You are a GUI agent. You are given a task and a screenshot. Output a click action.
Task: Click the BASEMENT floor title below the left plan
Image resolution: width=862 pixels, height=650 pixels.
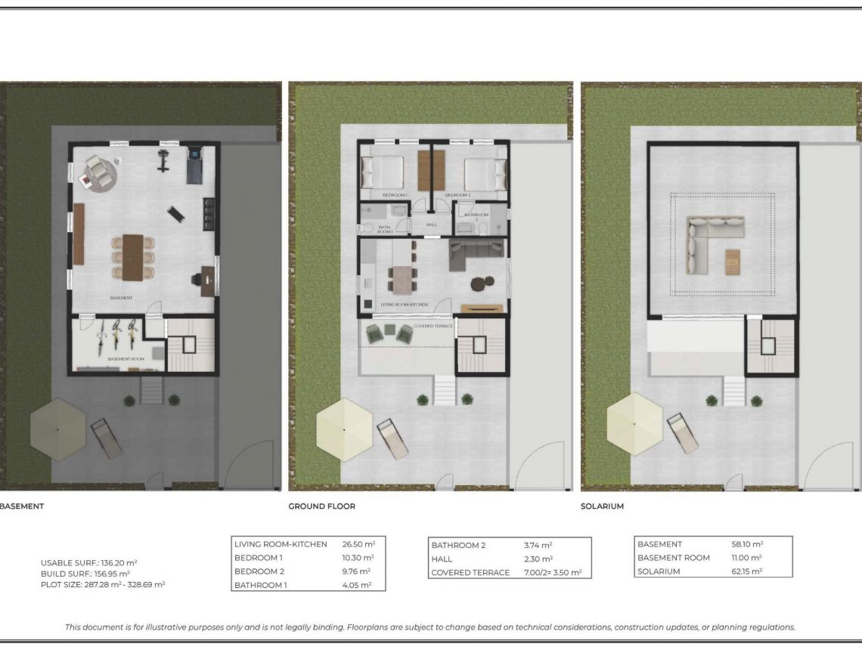[21, 506]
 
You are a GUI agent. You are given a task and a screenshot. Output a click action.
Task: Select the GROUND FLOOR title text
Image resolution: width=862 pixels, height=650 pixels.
[321, 506]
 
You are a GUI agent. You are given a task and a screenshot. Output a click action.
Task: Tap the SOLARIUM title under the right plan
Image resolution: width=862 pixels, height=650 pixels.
[602, 506]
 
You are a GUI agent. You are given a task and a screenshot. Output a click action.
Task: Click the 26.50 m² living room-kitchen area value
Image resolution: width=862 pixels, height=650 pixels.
[359, 544]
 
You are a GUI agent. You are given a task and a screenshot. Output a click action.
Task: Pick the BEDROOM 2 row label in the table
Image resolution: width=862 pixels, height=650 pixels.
[259, 571]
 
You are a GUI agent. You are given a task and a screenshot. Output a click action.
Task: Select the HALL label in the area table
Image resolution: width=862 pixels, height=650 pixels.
[442, 559]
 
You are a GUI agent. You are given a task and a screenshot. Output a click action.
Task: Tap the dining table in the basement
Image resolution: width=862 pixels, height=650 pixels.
[133, 257]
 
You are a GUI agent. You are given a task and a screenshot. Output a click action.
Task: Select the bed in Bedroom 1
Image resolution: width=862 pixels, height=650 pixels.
[384, 173]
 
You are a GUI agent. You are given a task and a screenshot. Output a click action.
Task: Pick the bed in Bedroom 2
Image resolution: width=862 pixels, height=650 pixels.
[484, 174]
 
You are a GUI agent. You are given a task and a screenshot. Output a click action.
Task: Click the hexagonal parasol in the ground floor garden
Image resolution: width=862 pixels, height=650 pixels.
[345, 429]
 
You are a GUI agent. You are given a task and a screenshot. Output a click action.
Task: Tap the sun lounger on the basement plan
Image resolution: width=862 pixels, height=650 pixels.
[106, 439]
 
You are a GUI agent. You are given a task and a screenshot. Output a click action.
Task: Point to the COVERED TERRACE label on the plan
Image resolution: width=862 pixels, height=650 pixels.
[433, 326]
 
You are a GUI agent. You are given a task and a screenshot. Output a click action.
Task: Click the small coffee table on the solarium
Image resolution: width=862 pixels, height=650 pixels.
[732, 262]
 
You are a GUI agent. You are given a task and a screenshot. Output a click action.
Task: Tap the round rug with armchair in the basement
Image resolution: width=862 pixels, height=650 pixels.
[99, 173]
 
